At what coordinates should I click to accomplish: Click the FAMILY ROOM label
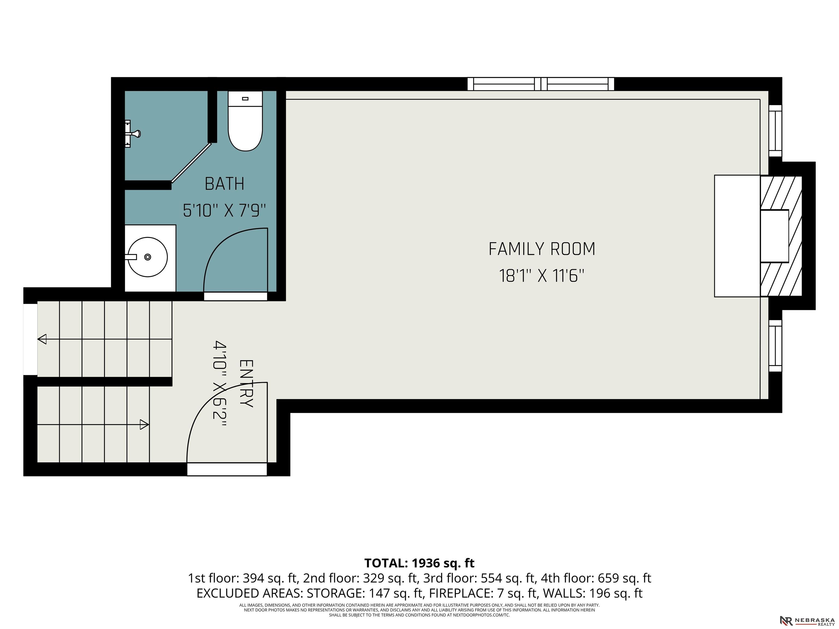pyautogui.click(x=541, y=249)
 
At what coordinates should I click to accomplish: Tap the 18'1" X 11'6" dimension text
pyautogui.click(x=541, y=276)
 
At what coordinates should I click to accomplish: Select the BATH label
pyautogui.click(x=224, y=184)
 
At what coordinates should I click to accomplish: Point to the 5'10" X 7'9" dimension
pyautogui.click(x=224, y=210)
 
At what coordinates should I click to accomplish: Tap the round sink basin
pyautogui.click(x=147, y=257)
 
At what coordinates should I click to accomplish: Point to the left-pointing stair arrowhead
pyautogui.click(x=42, y=339)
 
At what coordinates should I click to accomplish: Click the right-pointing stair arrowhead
pyautogui.click(x=144, y=424)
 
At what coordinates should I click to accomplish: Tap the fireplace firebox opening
pyautogui.click(x=774, y=236)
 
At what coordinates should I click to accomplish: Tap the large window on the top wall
pyautogui.click(x=540, y=84)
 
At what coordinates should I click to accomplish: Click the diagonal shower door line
pyautogui.click(x=191, y=163)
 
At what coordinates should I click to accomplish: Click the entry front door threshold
pyautogui.click(x=227, y=469)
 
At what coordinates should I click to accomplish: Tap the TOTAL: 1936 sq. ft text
pyautogui.click(x=419, y=563)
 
